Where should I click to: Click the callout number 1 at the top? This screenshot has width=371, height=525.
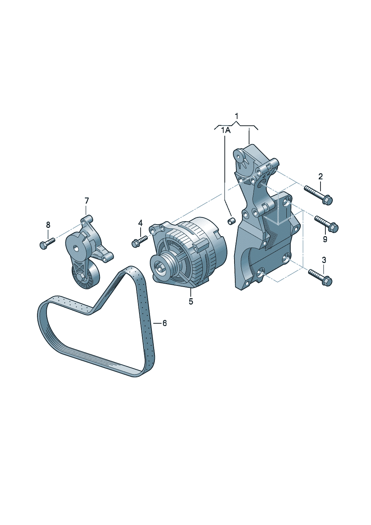(x=237, y=116)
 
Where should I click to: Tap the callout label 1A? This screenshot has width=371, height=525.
(x=226, y=131)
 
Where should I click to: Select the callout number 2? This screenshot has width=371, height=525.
(x=321, y=176)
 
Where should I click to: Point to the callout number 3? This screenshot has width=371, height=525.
(x=324, y=260)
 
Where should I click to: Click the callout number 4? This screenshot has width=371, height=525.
(x=140, y=223)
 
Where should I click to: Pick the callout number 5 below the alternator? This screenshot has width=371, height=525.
(x=191, y=301)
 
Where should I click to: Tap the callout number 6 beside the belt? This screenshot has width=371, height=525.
(x=165, y=323)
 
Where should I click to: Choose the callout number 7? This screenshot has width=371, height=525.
(x=87, y=201)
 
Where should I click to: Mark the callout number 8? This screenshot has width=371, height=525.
(x=48, y=225)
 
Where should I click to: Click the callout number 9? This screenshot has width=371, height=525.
(x=325, y=239)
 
